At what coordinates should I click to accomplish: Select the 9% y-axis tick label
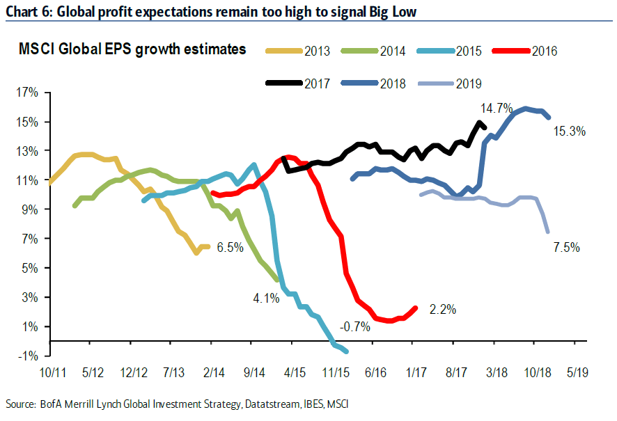(x=32, y=209)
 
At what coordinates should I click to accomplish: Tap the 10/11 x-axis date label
(x=52, y=373)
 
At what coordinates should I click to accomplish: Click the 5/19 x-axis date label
(x=576, y=373)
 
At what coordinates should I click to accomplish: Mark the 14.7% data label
(x=496, y=108)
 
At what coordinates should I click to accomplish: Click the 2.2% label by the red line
(x=442, y=310)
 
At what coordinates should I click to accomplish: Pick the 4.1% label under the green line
(x=266, y=299)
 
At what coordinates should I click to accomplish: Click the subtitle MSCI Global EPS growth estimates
(x=132, y=49)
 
